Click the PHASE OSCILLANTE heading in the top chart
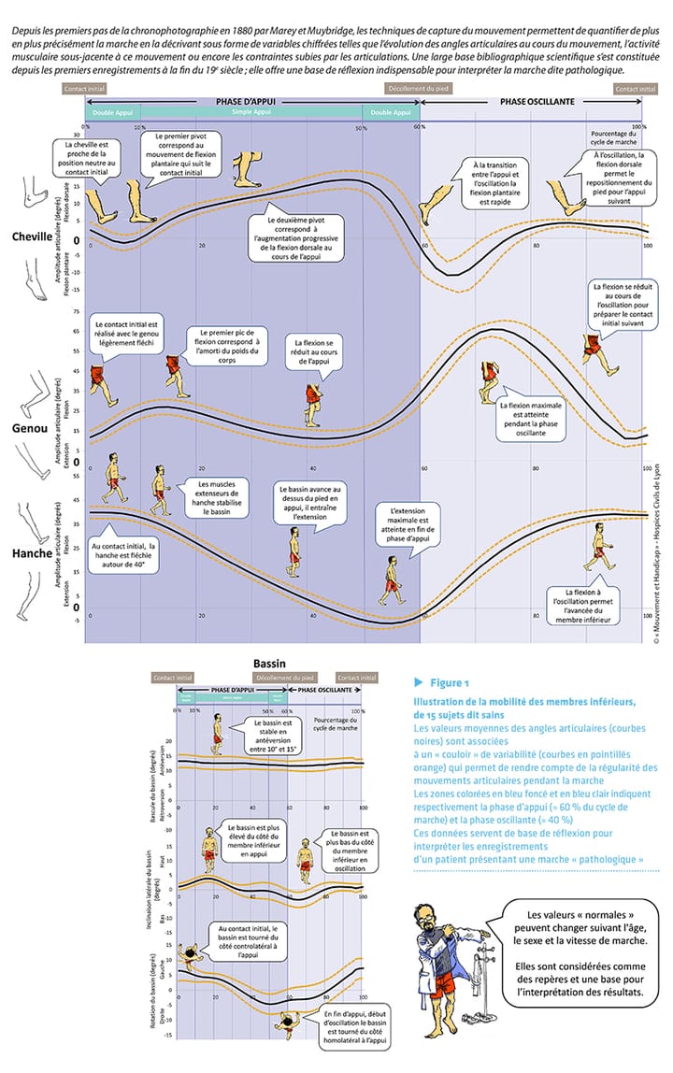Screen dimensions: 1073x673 tap(537, 101)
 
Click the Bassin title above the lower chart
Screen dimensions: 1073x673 tap(269, 664)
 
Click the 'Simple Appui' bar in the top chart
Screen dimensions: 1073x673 tap(251, 112)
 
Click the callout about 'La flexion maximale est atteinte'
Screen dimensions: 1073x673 tap(535, 421)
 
